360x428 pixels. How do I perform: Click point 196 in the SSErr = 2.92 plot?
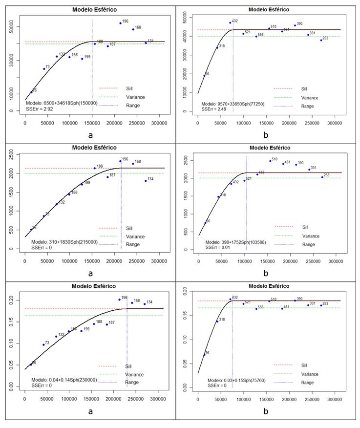coord(120,23)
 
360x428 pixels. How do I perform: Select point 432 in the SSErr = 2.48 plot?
coord(230,22)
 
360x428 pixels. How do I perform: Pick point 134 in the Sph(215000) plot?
coord(146,181)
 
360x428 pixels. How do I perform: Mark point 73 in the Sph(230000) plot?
coord(43,345)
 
